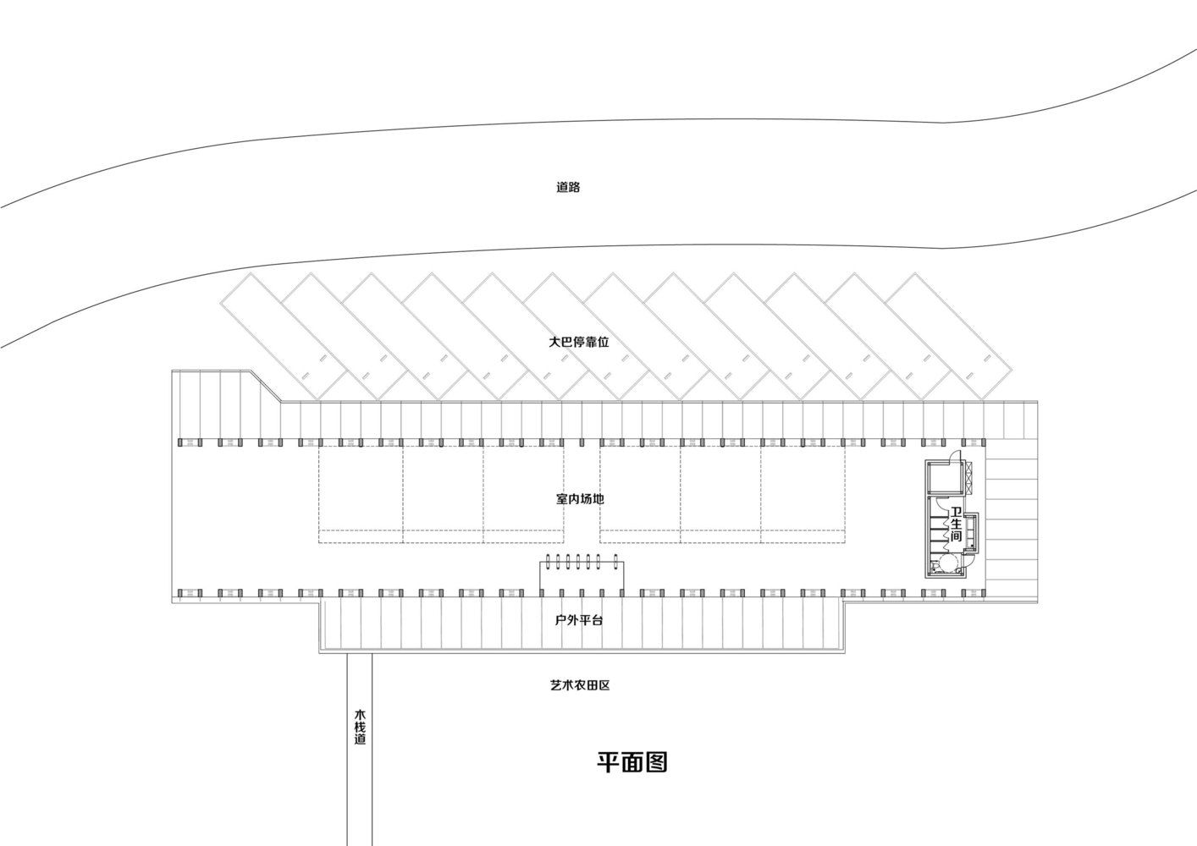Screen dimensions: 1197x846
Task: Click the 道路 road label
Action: tap(568, 187)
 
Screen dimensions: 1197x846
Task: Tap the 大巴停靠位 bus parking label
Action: tap(579, 342)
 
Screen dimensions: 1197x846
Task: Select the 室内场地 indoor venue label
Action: tap(580, 499)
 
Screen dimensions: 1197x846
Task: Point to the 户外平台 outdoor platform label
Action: tap(579, 620)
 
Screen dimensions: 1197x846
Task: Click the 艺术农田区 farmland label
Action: tap(580, 685)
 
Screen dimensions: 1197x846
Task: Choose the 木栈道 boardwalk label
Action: tap(360, 727)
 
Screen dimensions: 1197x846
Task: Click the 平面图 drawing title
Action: tap(632, 762)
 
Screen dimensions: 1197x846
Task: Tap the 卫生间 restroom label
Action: tap(956, 524)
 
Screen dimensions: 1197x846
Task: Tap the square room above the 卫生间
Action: tap(945, 476)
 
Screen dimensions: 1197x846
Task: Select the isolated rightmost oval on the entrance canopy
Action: tap(618, 563)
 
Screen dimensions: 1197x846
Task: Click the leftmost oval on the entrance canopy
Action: tap(548, 563)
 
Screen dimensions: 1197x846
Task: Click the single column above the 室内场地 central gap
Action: tap(582, 442)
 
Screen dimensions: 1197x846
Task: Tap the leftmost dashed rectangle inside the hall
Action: tap(361, 494)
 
